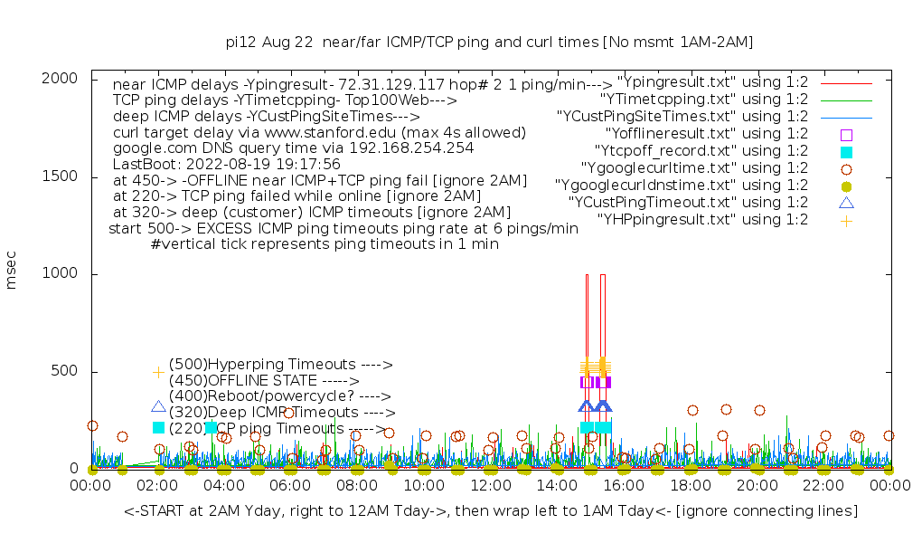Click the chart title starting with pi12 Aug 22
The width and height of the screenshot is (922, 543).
pos(489,43)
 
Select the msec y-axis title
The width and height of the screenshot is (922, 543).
pos(12,273)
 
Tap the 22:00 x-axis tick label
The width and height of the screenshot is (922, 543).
pos(823,487)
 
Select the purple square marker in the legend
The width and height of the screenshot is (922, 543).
pos(846,134)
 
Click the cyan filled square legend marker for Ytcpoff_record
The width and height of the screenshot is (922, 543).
pos(846,151)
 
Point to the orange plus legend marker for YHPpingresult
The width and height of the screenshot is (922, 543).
pos(846,220)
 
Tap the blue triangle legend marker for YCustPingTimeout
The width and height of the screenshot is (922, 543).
pos(846,203)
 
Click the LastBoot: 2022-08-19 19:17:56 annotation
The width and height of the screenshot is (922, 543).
pos(227,164)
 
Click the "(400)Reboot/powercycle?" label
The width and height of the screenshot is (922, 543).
pos(279,396)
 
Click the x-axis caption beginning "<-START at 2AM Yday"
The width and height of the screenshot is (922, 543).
pos(491,512)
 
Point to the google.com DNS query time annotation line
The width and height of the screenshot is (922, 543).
pos(293,147)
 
